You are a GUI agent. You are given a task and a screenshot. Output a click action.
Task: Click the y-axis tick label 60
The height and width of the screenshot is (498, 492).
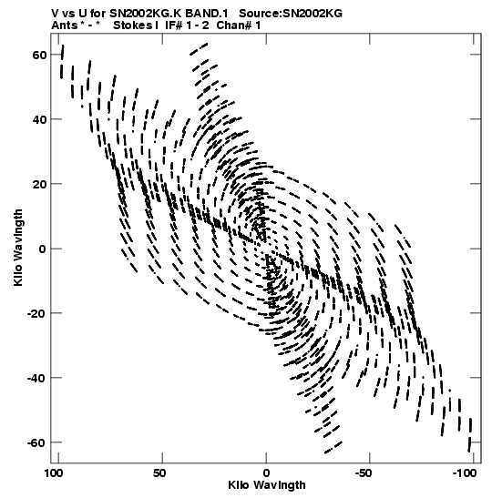39,55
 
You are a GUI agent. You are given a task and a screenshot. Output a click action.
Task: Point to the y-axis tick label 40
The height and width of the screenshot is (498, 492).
39,120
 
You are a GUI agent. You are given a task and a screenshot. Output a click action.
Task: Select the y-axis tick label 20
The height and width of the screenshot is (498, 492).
39,184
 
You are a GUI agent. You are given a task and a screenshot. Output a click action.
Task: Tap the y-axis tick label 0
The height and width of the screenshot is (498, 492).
43,249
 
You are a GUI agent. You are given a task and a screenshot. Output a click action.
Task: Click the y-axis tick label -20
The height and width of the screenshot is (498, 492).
36,313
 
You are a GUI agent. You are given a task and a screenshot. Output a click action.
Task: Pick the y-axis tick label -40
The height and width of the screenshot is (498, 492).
36,378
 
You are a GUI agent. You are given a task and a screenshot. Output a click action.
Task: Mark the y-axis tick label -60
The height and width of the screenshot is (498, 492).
36,442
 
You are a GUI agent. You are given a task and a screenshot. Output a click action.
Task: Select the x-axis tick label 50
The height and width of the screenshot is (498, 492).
159,473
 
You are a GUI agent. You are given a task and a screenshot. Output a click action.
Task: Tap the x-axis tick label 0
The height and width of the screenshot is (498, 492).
266,473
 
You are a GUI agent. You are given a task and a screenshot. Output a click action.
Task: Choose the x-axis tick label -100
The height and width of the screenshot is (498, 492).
465,473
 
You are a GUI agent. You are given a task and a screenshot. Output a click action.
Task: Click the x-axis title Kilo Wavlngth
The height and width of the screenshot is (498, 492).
267,485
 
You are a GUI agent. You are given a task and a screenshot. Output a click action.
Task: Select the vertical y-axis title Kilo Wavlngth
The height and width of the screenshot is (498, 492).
18,248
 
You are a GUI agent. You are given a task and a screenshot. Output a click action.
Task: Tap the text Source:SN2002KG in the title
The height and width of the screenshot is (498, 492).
291,14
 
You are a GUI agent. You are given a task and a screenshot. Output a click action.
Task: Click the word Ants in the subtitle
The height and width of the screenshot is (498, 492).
64,25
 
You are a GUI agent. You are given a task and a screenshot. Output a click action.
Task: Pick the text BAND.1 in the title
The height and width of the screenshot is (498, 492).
207,14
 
